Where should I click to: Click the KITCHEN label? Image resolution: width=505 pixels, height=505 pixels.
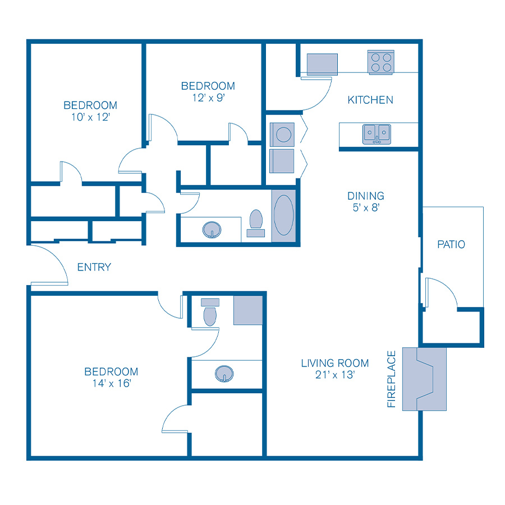[370, 100]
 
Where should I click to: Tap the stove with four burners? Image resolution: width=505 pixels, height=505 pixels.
[381, 62]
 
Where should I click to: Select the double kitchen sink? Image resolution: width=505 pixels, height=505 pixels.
[377, 134]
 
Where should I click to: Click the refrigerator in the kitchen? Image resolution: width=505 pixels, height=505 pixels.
[322, 64]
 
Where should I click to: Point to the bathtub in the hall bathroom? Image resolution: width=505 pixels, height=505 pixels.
[283, 216]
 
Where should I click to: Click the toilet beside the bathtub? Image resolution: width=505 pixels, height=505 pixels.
[256, 222]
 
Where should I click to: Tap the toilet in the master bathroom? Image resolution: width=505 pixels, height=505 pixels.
[210, 313]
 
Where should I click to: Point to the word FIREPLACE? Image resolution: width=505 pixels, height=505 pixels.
[392, 379]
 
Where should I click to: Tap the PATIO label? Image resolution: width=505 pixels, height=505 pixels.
[451, 245]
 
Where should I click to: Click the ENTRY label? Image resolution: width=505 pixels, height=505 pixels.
[94, 267]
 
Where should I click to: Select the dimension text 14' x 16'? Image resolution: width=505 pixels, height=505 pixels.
[111, 384]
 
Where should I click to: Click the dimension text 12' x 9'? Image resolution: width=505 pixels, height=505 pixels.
[208, 98]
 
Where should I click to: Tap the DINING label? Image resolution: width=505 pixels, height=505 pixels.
[366, 196]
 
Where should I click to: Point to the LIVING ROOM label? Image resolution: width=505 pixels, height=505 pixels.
[335, 363]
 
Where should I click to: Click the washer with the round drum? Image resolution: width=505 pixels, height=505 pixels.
[282, 135]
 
